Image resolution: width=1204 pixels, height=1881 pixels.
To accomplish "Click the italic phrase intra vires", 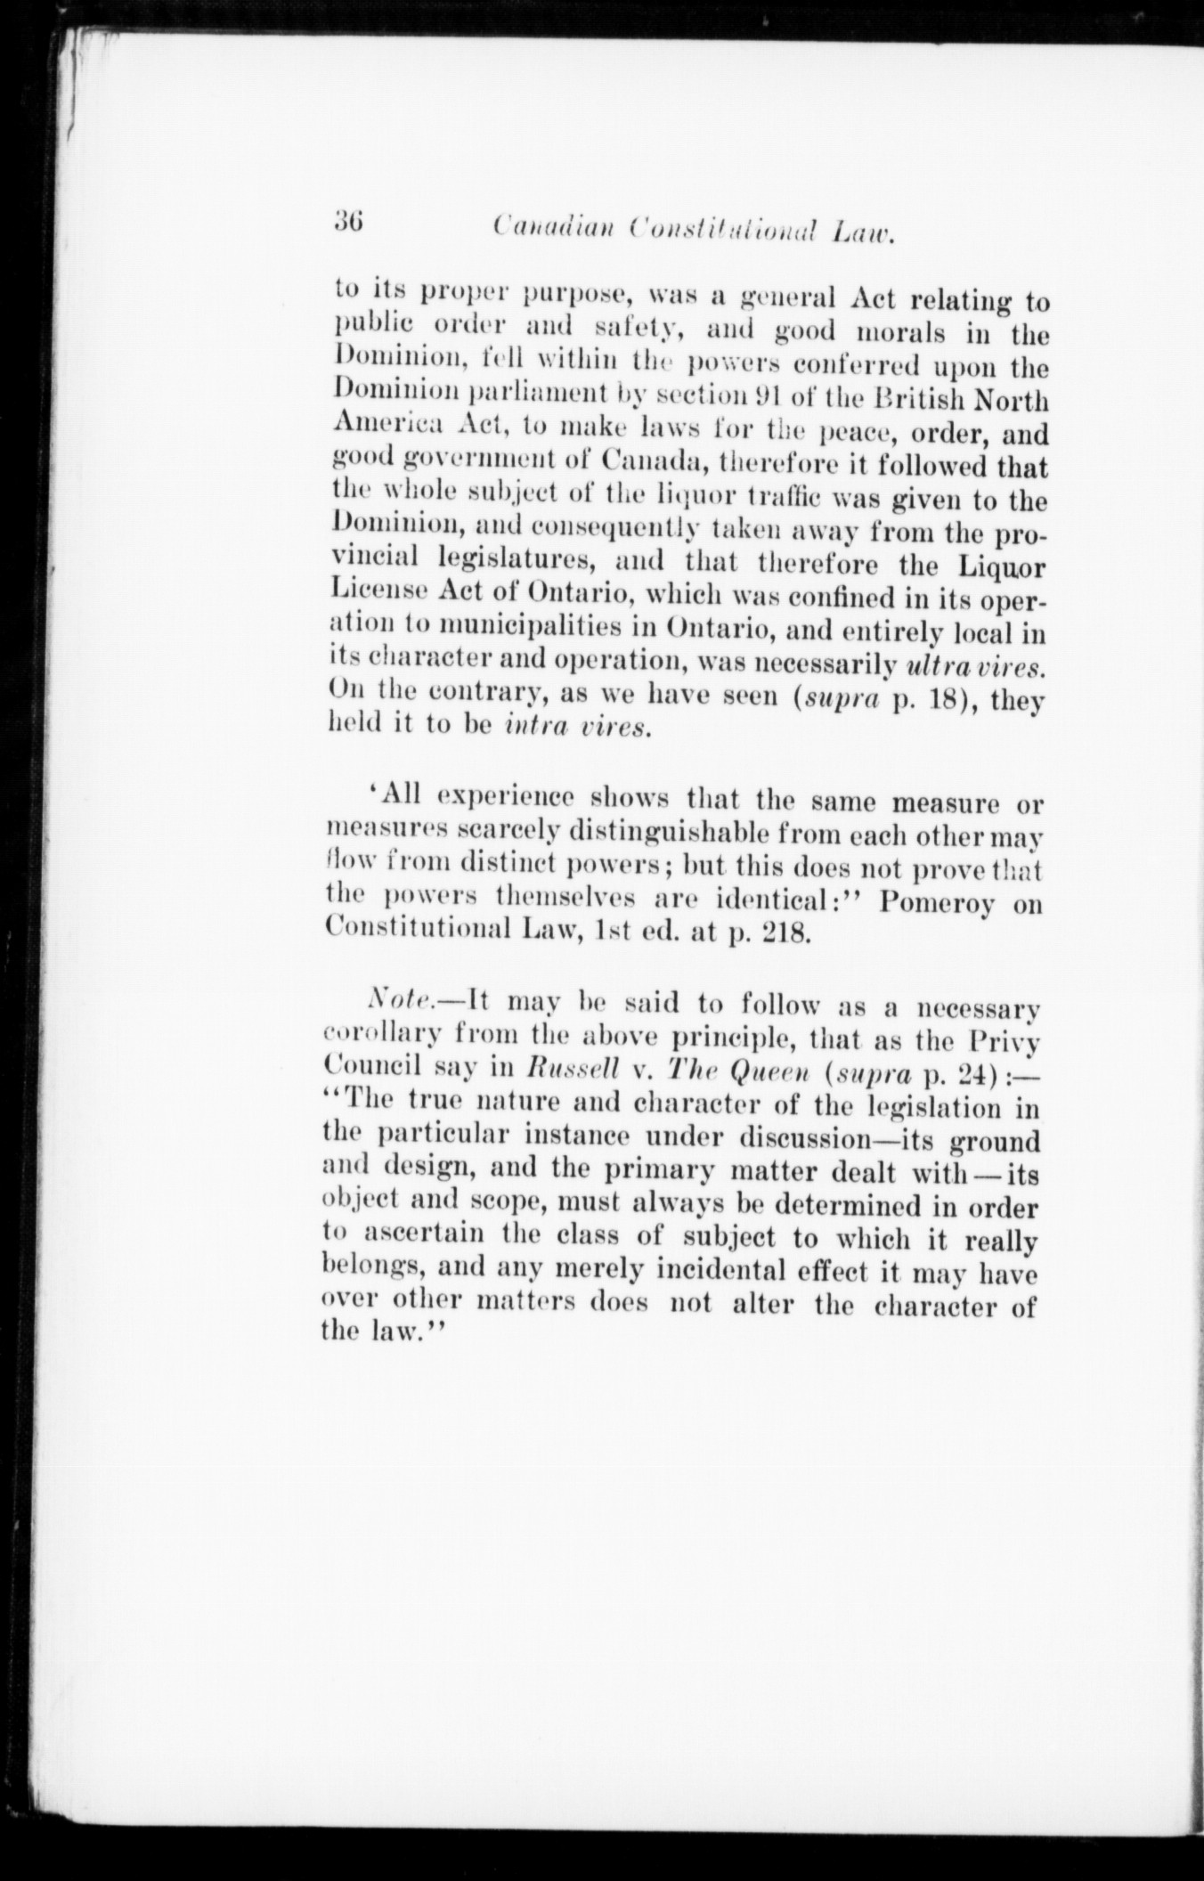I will point(578,728).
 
